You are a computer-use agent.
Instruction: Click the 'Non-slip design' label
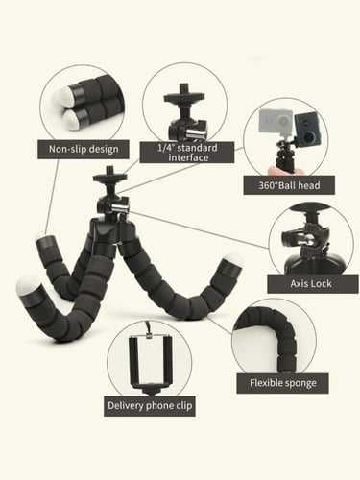(x=84, y=149)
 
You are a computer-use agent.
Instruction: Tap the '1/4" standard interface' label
(x=187, y=153)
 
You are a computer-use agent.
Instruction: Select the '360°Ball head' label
(x=289, y=185)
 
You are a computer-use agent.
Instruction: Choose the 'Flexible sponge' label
(x=282, y=383)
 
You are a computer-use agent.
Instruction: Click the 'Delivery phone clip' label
(x=150, y=406)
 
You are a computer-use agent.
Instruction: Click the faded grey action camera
(x=276, y=122)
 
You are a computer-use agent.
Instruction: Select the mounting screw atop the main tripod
(x=109, y=170)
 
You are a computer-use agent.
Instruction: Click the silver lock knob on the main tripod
(x=120, y=207)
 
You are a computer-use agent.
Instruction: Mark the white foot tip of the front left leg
(x=28, y=285)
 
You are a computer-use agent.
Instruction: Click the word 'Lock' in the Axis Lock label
(x=321, y=284)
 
